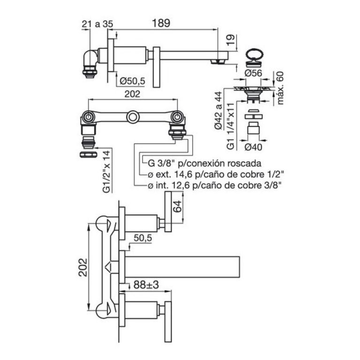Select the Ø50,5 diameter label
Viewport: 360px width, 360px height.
pyautogui.click(x=133, y=81)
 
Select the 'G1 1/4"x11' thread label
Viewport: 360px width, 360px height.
pyautogui.click(x=230, y=126)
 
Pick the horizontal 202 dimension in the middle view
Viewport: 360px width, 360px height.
pyautogui.click(x=133, y=94)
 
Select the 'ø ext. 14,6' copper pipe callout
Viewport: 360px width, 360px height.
pyautogui.click(x=216, y=174)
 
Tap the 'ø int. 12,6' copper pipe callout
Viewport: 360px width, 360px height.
pyautogui.click(x=215, y=186)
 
